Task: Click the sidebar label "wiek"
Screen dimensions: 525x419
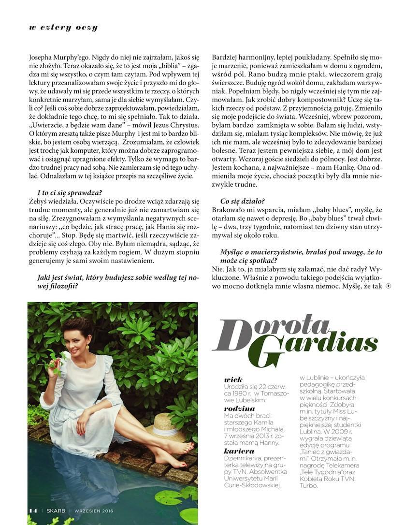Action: click(x=233, y=380)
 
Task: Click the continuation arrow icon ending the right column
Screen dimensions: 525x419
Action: click(x=389, y=286)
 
